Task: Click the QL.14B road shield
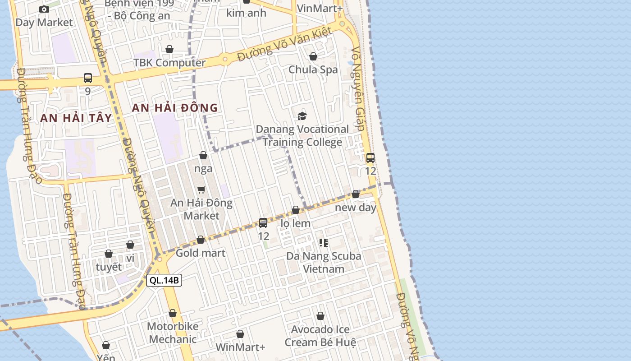pos(164,280)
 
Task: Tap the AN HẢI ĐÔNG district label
pos(175,108)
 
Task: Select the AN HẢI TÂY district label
pos(76,118)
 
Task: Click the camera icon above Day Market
pos(44,9)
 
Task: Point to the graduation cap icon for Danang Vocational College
pos(302,116)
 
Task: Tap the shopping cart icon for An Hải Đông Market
pos(201,190)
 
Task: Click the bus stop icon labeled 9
pos(88,78)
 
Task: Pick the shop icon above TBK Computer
pos(169,49)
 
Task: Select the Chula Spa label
pos(313,69)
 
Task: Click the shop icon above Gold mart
pos(201,240)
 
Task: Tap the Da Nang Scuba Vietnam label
pos(324,262)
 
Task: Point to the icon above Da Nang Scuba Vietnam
pos(323,243)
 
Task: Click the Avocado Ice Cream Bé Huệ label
pos(320,336)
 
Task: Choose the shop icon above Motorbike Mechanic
pos(173,313)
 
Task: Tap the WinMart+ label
pos(240,347)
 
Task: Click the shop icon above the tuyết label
pos(109,254)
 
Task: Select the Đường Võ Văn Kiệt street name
pos(285,44)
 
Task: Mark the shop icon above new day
pos(356,194)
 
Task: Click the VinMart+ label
pos(320,8)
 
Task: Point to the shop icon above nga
pos(203,156)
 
